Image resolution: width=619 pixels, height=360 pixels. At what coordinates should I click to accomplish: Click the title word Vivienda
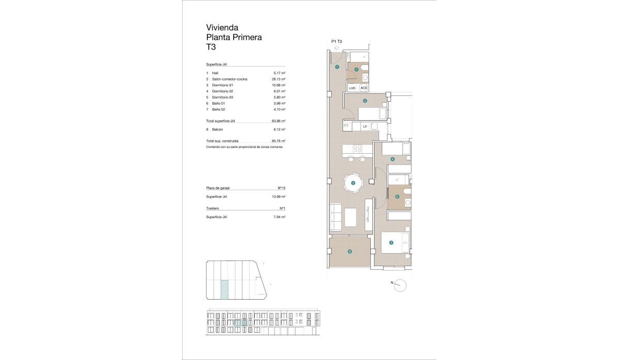(222, 27)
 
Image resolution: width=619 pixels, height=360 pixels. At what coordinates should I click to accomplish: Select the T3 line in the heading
(211, 47)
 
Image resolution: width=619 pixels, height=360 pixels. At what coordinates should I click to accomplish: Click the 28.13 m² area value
(279, 79)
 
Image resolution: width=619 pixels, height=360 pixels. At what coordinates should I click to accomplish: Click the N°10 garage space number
(282, 188)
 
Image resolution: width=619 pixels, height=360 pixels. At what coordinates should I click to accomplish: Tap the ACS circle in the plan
(364, 88)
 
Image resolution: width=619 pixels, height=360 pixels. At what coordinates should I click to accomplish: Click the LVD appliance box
(352, 88)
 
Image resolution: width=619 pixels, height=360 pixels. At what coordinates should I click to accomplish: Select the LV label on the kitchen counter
(365, 126)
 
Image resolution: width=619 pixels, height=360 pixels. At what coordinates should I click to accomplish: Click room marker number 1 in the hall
(337, 67)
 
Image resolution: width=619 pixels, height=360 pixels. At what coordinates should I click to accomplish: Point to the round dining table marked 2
(353, 183)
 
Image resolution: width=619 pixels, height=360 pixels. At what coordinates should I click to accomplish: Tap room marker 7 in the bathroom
(356, 70)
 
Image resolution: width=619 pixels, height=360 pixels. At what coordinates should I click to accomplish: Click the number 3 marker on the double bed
(392, 243)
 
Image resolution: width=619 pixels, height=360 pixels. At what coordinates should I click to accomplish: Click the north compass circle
(400, 285)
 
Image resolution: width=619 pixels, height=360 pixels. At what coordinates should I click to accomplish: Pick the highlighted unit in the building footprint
(224, 289)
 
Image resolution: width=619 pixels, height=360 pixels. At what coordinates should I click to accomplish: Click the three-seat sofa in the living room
(335, 217)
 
